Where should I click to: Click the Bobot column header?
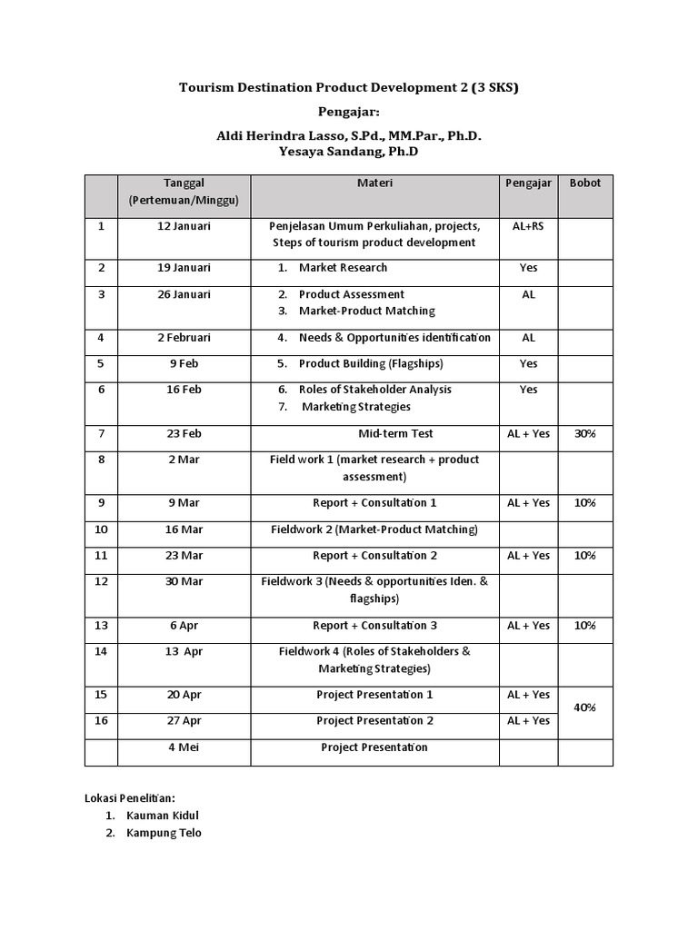click(584, 183)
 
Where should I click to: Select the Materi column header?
click(374, 183)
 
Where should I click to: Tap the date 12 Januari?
click(184, 225)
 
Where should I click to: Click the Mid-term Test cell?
click(374, 433)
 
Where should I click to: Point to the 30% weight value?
click(584, 433)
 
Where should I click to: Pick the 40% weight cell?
click(584, 707)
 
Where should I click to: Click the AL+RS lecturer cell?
click(528, 225)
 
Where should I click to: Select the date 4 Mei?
click(184, 747)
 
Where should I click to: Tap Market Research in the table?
click(343, 267)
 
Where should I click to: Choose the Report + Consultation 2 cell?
click(374, 555)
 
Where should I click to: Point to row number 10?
click(101, 529)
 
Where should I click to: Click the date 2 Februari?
click(184, 337)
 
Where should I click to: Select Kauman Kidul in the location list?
click(163, 815)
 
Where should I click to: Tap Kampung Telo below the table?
click(164, 833)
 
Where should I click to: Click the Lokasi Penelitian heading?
click(129, 796)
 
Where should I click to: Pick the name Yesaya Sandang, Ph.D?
click(348, 152)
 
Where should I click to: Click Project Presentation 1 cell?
click(374, 695)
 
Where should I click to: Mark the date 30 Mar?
click(184, 581)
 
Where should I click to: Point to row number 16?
click(101, 720)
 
